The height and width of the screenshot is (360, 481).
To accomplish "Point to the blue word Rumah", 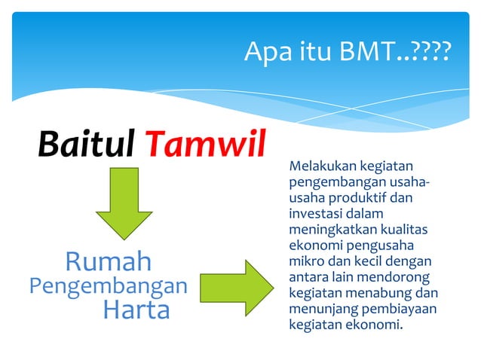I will (x=108, y=261).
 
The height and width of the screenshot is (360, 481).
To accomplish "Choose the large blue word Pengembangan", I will (x=107, y=286).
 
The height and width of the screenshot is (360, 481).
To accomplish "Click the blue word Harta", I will (x=136, y=310).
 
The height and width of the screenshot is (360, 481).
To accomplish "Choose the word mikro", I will (x=304, y=261).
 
